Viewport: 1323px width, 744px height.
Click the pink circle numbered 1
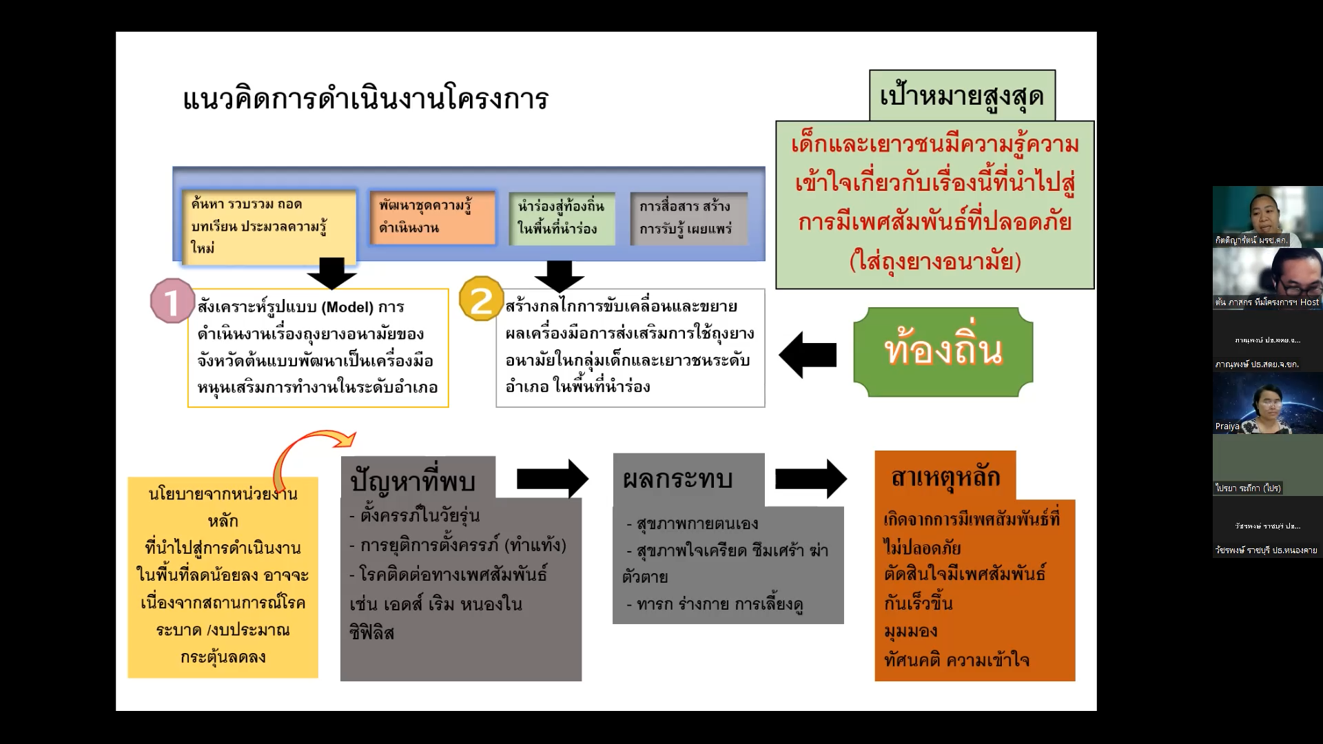coord(172,301)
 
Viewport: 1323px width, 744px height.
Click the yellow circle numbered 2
coord(481,299)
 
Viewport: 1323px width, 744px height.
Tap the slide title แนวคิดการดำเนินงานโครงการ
coord(365,99)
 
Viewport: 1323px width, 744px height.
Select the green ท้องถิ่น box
coord(943,352)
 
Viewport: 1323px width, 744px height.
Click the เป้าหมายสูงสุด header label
coord(962,95)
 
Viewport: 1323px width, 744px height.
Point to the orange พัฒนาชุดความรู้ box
coord(432,217)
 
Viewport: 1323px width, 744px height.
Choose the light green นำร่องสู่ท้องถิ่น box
coord(561,218)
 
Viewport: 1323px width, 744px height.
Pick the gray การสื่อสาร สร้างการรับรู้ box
coord(688,218)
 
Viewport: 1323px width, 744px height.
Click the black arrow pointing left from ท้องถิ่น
coord(808,355)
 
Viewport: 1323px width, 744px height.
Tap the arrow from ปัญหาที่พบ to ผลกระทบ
coord(552,478)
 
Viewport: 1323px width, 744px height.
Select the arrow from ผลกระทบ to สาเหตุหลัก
coord(810,478)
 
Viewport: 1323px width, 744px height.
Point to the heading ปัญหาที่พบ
coord(413,480)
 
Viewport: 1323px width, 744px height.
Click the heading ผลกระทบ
coord(677,479)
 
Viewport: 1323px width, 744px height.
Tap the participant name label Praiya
coord(1227,426)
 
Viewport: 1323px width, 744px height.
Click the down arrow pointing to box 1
coord(332,273)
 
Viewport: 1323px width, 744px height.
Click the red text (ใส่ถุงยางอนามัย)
coord(934,262)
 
